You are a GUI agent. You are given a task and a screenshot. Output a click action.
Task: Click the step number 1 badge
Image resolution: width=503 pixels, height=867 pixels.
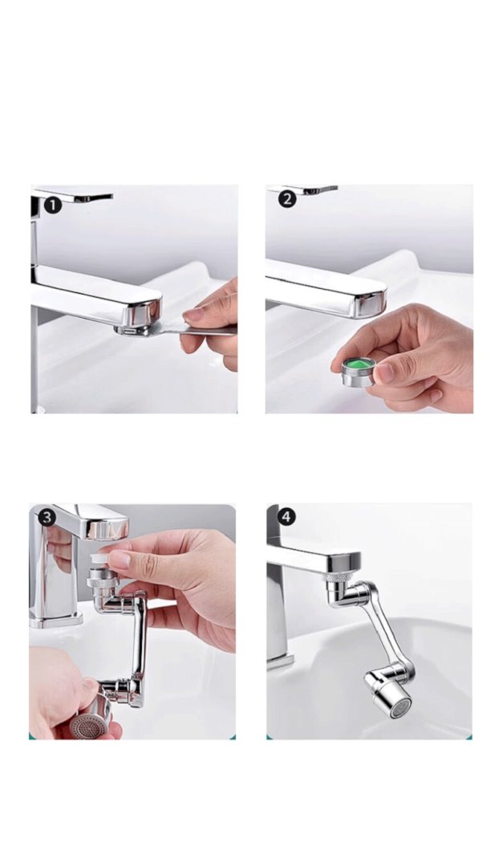tap(53, 206)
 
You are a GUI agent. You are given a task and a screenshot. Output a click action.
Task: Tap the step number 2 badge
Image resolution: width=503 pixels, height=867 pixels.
tap(287, 199)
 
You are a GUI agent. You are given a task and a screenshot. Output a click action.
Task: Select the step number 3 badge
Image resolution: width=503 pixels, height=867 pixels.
tap(47, 518)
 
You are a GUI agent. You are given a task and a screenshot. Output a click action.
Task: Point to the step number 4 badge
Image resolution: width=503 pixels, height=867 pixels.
tap(286, 517)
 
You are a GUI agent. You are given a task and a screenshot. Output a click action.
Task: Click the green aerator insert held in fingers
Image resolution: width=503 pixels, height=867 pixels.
tap(359, 364)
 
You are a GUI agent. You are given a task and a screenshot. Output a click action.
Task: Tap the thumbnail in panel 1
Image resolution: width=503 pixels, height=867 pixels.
tap(194, 315)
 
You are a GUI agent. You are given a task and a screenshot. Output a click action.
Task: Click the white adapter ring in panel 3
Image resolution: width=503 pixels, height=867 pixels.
tap(101, 560)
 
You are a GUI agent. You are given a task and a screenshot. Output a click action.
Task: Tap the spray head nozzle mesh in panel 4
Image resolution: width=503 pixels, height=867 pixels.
tap(401, 707)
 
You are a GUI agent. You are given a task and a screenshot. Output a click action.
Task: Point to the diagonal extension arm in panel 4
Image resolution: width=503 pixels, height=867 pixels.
tap(387, 629)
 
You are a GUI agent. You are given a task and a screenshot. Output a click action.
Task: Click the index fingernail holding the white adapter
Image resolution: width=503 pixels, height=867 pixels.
tap(120, 560)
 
